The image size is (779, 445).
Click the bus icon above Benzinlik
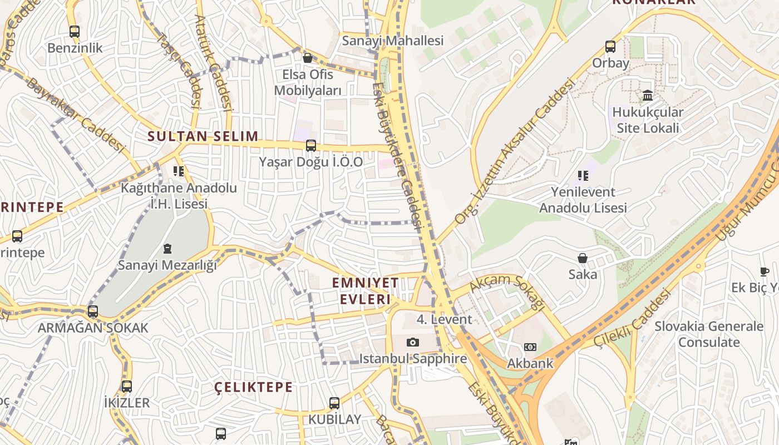pos(75,32)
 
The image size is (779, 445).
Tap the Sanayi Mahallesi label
pos(392,41)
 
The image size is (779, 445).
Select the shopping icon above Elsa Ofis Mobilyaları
pos(307,58)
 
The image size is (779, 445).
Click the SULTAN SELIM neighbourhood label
pos(203,136)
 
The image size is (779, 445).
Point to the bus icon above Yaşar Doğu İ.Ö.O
pos(311,146)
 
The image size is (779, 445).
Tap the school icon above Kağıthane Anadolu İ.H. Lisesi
pos(178,171)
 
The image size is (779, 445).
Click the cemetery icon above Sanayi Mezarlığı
pos(167,249)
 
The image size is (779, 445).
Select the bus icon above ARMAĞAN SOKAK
pos(93,311)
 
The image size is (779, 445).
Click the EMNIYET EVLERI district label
pos(366,291)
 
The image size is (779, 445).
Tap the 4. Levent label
pos(444,319)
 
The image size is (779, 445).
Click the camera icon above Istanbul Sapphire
pos(412,342)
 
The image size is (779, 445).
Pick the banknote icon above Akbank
pos(530,347)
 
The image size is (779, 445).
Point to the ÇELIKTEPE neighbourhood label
pos(253,387)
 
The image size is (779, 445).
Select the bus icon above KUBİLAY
pos(334,403)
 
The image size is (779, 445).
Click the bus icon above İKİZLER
pos(127,386)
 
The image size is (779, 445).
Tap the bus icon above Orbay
pos(610,47)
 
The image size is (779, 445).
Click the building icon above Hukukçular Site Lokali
pos(648,96)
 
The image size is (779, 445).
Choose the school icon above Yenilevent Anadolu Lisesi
pos(583,176)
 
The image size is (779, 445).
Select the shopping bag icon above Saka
pos(583,258)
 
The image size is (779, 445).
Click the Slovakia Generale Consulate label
pos(708,334)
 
